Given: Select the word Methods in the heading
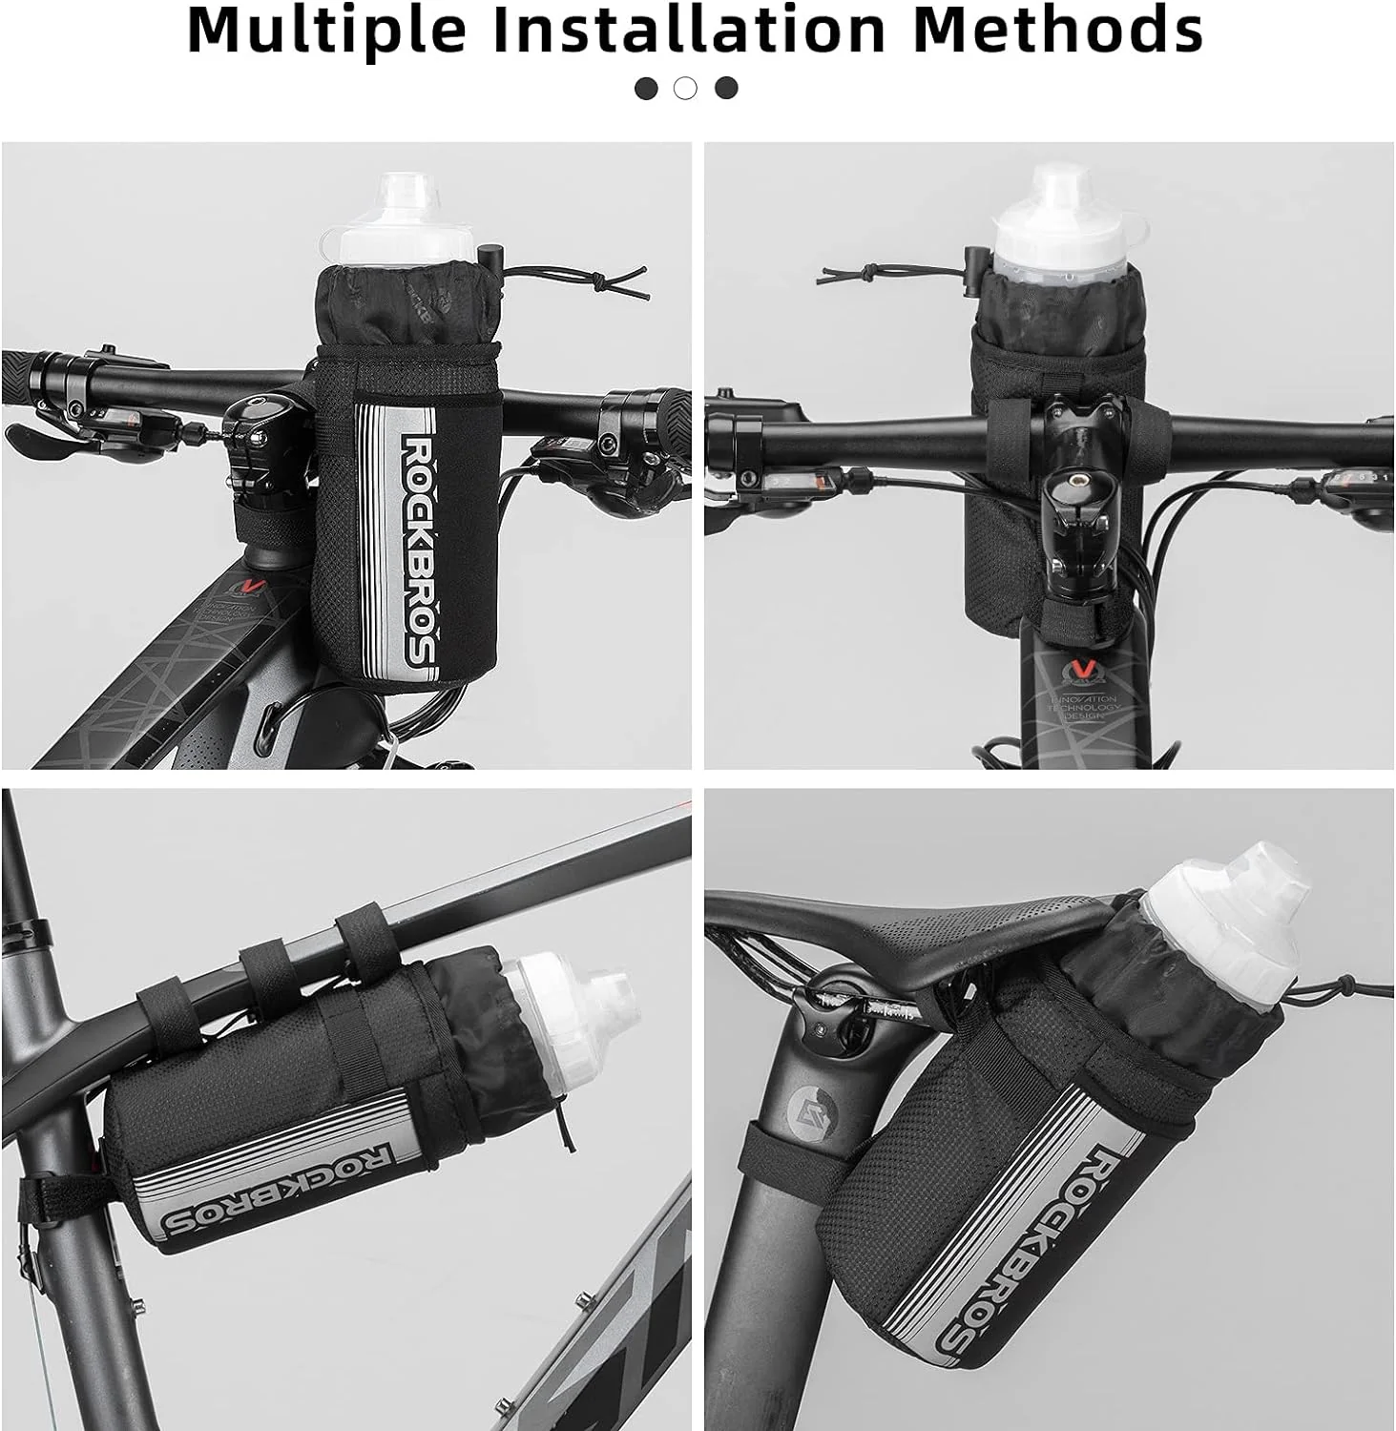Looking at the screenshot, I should pos(1057,31).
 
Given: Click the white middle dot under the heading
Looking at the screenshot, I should pos(685,89).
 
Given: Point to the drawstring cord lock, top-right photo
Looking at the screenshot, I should pos(974,260).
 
